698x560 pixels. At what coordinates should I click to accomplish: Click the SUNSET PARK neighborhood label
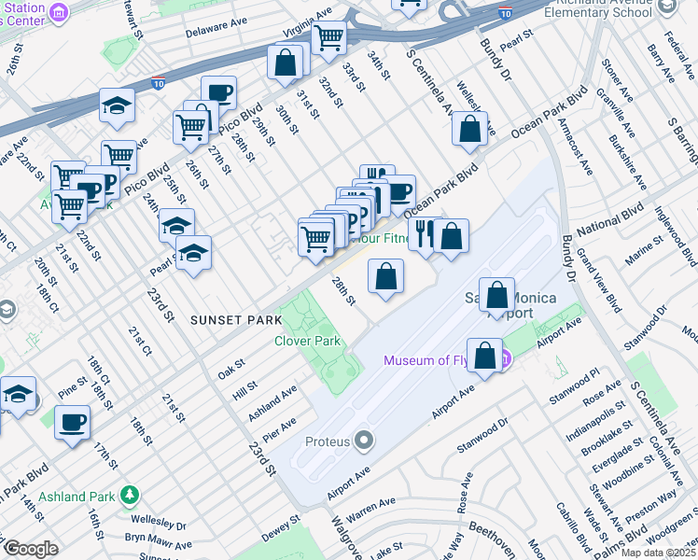point(235,320)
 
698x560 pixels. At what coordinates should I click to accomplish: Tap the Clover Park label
point(307,341)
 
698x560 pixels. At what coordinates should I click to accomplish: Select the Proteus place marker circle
point(364,440)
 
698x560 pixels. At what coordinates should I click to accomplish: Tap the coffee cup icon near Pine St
point(72,423)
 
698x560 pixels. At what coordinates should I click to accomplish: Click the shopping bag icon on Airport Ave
point(485,356)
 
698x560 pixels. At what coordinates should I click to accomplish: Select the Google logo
point(31,549)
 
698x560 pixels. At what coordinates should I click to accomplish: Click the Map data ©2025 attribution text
point(658,553)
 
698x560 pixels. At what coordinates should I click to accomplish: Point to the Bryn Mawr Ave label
point(159,541)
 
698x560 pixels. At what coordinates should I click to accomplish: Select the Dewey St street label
point(280,529)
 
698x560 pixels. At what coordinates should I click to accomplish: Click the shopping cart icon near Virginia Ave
point(328,38)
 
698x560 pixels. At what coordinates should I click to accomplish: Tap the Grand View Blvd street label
point(596,279)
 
